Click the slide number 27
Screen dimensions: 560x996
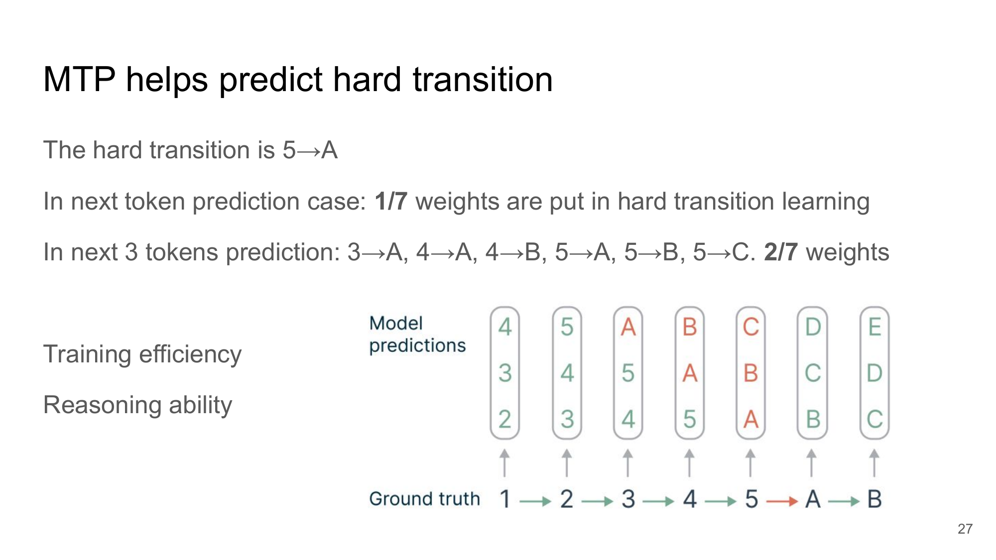(965, 529)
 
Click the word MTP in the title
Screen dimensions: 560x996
(79, 80)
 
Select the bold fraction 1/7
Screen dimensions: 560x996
(391, 202)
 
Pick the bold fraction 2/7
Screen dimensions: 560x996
(781, 252)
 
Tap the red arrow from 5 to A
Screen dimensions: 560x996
(782, 501)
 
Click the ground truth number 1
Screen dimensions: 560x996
(505, 499)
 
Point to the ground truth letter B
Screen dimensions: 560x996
(874, 499)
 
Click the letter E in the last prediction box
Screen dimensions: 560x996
(874, 328)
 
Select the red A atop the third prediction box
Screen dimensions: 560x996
(628, 328)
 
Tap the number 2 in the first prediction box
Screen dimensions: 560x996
(505, 419)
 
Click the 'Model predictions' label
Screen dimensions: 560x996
(417, 335)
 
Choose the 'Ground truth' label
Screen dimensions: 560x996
(424, 499)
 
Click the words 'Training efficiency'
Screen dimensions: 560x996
(142, 354)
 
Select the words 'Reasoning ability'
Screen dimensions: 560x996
(137, 405)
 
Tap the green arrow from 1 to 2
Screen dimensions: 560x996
(535, 501)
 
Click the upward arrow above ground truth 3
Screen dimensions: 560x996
(628, 463)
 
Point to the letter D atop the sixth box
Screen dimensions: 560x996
(813, 328)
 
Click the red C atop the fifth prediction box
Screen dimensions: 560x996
(750, 328)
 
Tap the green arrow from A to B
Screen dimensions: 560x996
(844, 501)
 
